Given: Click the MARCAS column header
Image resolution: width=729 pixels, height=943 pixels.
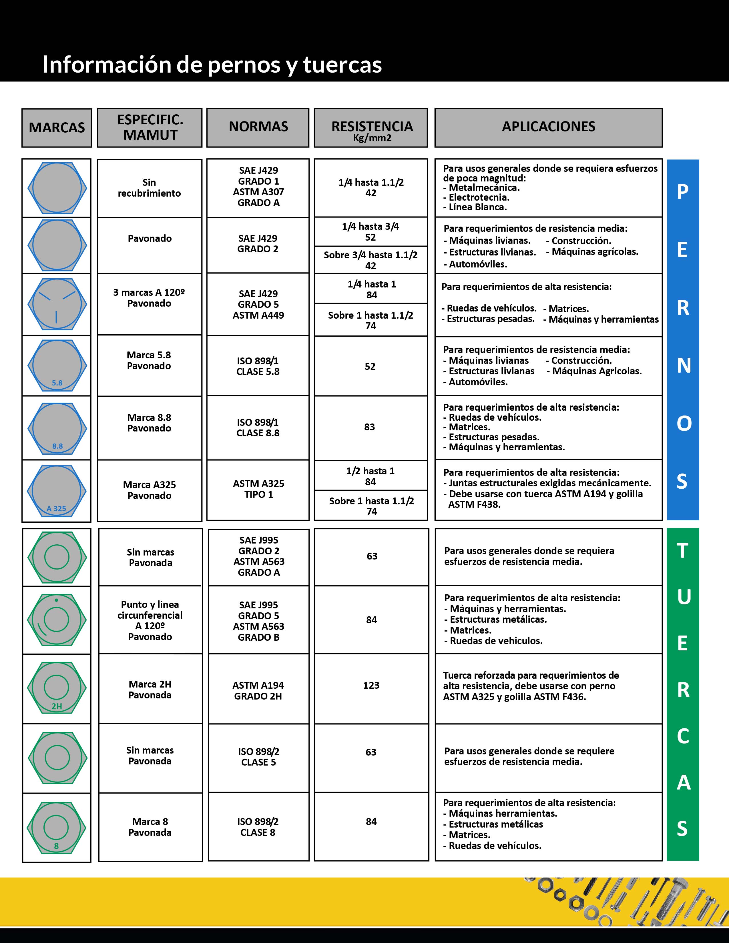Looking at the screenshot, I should [57, 128].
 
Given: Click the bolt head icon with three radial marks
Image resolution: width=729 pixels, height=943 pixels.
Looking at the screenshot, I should [57, 304].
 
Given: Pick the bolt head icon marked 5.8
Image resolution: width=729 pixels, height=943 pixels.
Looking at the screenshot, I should [57, 365].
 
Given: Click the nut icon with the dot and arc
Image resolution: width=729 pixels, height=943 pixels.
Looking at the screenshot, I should [57, 620].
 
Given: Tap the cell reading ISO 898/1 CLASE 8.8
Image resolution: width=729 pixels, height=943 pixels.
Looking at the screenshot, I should [258, 427].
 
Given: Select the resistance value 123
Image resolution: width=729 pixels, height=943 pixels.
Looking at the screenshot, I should [371, 685].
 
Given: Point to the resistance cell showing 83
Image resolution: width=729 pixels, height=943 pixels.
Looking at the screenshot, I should [370, 427].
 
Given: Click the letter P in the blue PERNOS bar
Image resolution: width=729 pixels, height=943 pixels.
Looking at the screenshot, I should [682, 192].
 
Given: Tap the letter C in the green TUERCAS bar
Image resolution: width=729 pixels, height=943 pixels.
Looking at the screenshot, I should [682, 737].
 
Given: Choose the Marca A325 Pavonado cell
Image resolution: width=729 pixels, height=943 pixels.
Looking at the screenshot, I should [150, 490].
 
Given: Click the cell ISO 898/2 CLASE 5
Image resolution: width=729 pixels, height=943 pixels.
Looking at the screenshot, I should [258, 757].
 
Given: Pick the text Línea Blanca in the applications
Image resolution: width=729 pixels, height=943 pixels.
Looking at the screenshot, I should [478, 207].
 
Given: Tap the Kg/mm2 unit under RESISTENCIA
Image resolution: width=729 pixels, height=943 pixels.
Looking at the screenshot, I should [372, 138].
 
